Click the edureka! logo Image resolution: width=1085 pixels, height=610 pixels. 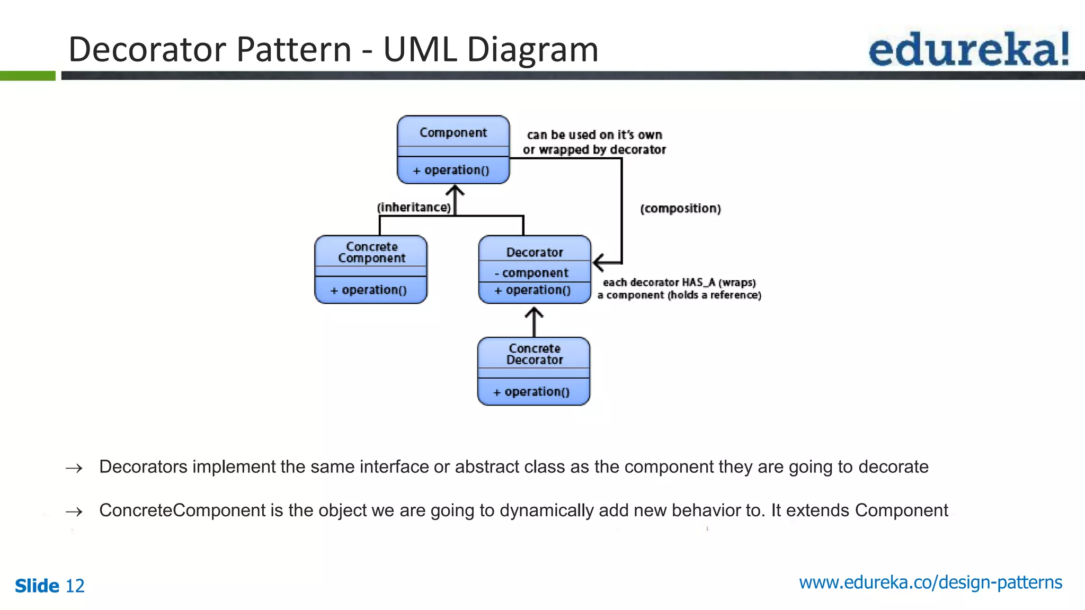[x=968, y=49]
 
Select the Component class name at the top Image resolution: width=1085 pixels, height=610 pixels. [x=453, y=132]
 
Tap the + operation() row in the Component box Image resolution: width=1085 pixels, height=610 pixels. [x=451, y=170]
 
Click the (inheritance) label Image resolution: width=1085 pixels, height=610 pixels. [x=414, y=208]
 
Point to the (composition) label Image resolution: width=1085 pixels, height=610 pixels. [x=680, y=209]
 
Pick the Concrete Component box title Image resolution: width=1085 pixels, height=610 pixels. [x=372, y=253]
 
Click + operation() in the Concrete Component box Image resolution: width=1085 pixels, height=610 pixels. [x=369, y=290]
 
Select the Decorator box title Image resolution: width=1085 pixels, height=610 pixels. [x=535, y=253]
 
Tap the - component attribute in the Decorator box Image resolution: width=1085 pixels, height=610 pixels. [x=531, y=273]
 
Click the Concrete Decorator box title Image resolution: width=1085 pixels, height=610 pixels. [x=534, y=354]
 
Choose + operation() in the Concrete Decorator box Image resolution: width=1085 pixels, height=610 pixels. [x=531, y=392]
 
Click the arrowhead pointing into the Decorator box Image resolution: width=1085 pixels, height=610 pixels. [x=599, y=262]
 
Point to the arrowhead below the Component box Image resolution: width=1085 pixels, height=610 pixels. [x=455, y=190]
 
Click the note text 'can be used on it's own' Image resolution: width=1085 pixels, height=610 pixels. [x=594, y=135]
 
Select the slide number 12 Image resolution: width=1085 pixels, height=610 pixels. [x=75, y=586]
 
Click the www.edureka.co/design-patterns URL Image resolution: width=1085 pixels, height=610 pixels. [x=930, y=582]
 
